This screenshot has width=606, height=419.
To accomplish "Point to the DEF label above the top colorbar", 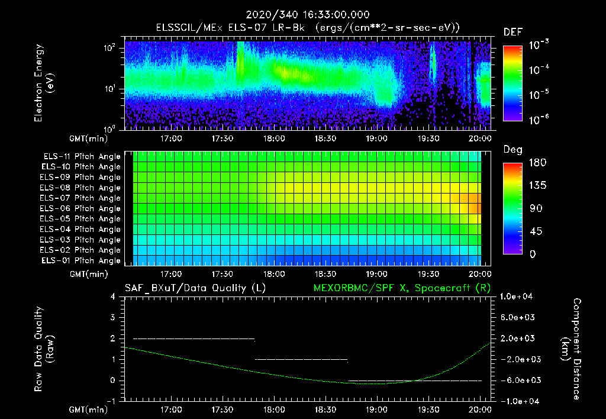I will point(512,32).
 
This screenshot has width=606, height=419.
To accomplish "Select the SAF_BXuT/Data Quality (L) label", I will point(195,288).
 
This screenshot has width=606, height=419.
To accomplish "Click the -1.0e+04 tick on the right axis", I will point(519,401).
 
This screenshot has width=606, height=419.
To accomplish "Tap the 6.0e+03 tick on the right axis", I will point(519,318).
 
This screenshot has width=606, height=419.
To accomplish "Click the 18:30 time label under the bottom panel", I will point(325,409).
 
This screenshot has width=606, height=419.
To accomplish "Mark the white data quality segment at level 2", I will point(194,339).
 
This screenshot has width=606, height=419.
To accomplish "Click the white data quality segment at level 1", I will point(301,359).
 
